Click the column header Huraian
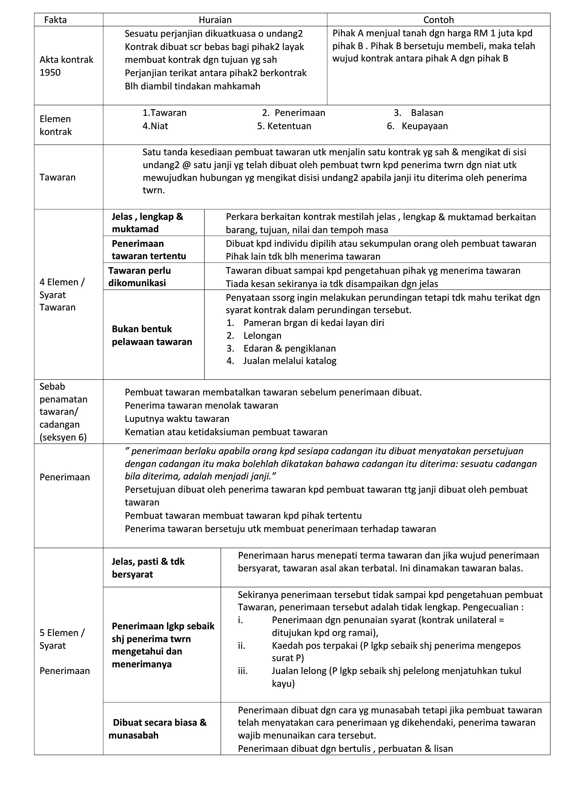215,20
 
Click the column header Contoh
438,20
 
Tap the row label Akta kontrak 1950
66,66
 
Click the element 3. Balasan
418,113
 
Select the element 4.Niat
155,126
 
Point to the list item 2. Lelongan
254,336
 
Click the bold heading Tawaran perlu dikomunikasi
140,276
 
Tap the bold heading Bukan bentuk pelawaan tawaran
152,335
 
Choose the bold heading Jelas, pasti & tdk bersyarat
148,568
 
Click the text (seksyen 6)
63,437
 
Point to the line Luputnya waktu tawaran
177,419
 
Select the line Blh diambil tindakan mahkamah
192,86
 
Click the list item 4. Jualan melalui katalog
281,361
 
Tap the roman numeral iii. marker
243,671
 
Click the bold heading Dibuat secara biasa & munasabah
157,729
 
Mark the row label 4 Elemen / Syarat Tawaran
62,295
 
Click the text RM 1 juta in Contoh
496,33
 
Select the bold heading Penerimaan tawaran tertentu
148,249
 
